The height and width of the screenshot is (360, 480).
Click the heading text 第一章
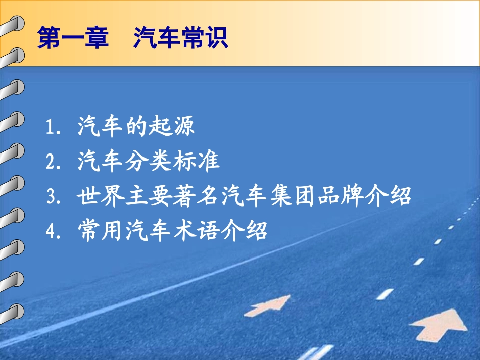[73, 38]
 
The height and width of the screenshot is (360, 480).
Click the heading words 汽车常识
[181, 38]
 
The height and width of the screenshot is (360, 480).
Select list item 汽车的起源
[136, 126]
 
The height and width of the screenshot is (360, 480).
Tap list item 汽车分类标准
[149, 161]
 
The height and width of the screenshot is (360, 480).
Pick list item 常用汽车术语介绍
[172, 231]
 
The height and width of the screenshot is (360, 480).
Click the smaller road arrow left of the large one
[268, 305]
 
